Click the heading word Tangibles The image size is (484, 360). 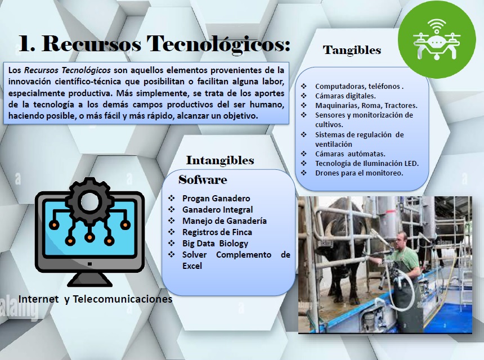pos(352,50)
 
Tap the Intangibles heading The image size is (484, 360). pos(220,160)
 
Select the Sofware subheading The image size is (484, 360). pos(203,179)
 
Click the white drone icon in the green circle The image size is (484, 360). pos(437,39)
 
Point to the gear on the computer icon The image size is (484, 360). pos(89,202)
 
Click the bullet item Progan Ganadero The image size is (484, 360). pos(216,199)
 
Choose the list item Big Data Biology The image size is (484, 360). pos(215,244)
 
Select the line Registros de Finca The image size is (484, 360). pos(217,232)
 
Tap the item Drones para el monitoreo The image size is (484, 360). pos(359,173)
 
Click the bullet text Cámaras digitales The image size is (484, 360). pos(346,96)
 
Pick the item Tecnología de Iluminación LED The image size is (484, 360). pos(367,164)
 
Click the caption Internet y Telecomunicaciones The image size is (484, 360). pos(95,299)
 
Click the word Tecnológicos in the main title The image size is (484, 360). pos(218,44)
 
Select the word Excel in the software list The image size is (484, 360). pos(192,266)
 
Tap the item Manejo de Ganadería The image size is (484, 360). pos(225,221)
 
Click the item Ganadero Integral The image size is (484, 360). pos(217,210)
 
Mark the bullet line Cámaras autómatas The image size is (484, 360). pos(350,154)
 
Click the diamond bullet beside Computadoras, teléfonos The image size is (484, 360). pos(304,86)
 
